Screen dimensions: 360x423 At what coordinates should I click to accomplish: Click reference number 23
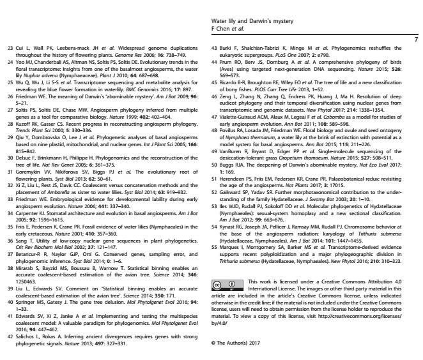tap(10, 48)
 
